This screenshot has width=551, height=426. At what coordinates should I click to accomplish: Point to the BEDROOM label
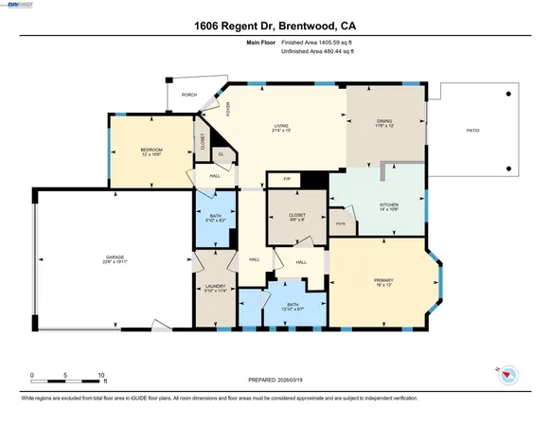[152, 149]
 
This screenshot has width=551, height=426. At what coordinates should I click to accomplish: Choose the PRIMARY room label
[383, 280]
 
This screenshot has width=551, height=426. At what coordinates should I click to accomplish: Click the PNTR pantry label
[341, 224]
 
